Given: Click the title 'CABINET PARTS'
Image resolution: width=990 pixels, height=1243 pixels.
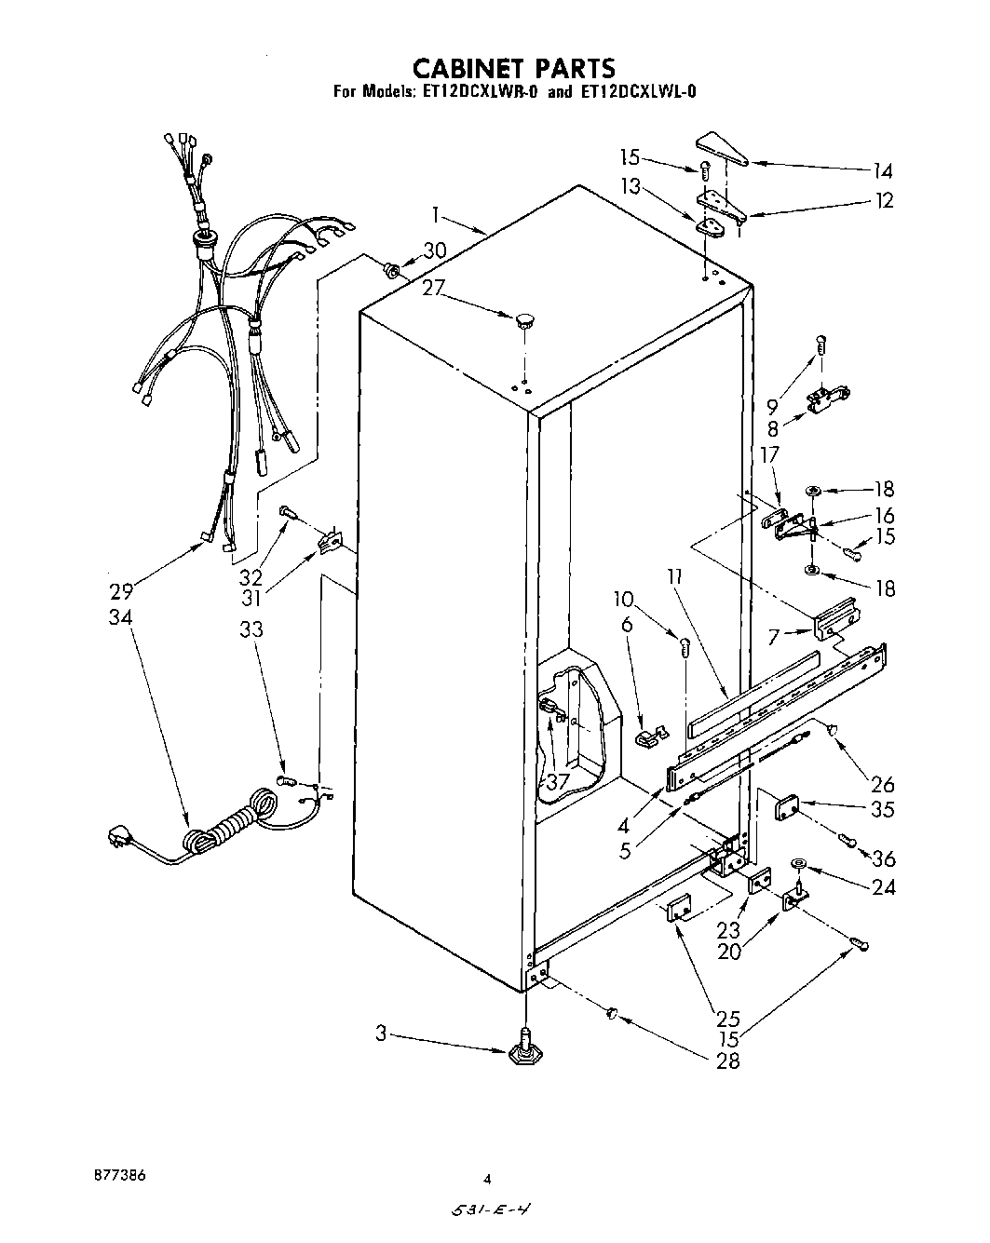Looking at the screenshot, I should point(513,68).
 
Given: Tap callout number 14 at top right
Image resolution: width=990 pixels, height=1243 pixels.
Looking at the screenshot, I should point(882,171).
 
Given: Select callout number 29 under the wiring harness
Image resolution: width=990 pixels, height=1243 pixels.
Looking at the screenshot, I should point(122,590).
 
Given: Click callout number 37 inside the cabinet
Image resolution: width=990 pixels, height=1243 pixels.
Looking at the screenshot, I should point(558,781).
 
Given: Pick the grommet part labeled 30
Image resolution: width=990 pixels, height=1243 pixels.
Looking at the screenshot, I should point(392,271).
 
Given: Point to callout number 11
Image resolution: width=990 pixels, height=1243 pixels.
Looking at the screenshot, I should point(675,579).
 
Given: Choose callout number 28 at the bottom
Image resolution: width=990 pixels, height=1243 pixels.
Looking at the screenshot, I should point(728,1061).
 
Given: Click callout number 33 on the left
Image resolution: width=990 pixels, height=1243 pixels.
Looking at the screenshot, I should point(251,630).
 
